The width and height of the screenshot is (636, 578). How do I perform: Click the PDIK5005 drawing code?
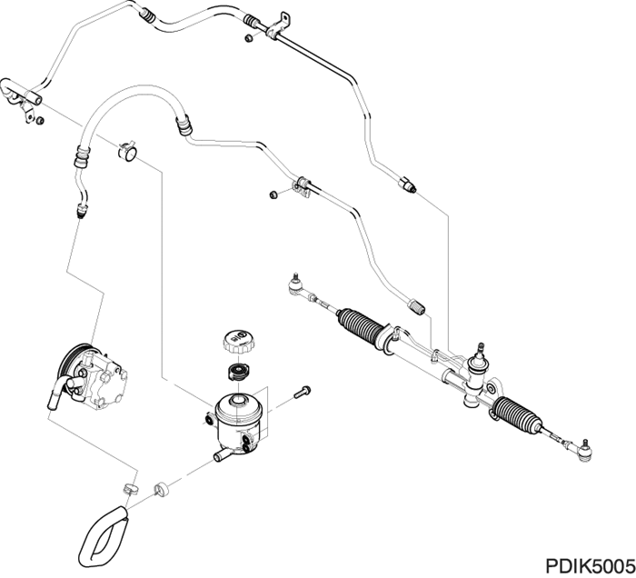590,564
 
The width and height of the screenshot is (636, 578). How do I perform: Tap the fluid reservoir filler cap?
235,343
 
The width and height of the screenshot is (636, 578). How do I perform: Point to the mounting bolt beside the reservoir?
303,393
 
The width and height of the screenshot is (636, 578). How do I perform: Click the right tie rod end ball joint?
586,446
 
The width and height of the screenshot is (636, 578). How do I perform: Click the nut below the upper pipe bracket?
249,37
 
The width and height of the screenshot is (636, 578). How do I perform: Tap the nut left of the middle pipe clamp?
273,193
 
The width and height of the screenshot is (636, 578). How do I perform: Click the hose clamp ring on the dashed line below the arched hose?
127,152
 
